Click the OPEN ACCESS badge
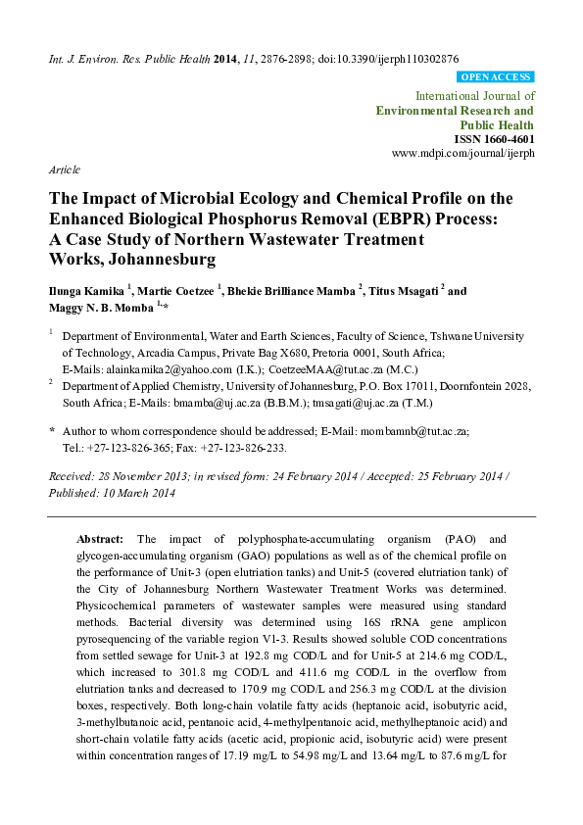tap(496, 75)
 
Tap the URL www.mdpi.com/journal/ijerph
tap(462, 155)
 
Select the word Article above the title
tap(65, 170)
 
